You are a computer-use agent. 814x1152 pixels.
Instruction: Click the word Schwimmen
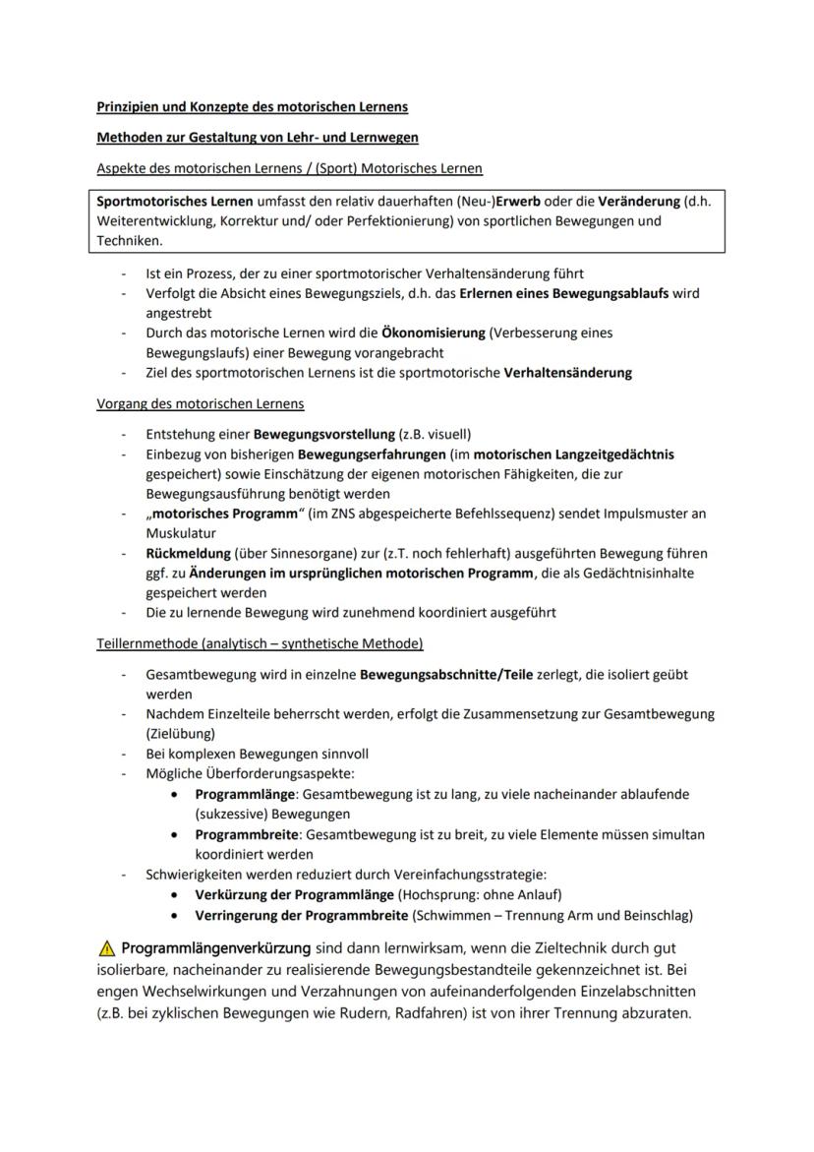click(455, 915)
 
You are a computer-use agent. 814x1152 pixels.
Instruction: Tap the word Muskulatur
click(180, 533)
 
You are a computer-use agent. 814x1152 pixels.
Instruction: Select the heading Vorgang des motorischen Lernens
click(201, 403)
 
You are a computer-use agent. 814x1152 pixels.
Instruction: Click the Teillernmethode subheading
click(260, 644)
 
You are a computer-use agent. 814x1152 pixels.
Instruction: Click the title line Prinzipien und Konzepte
click(252, 106)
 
